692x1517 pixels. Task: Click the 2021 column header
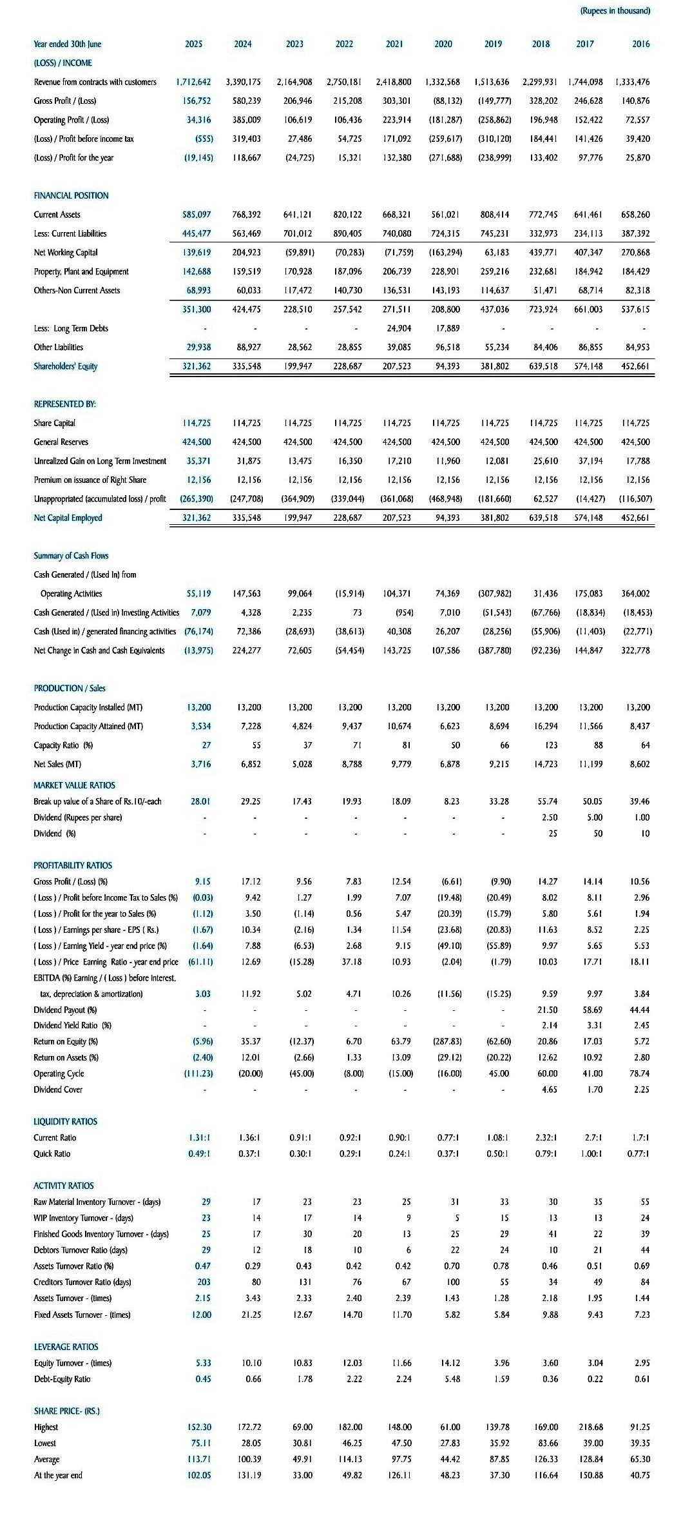point(394,44)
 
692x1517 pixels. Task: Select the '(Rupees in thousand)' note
point(615,11)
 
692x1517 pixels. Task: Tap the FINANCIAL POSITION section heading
point(71,195)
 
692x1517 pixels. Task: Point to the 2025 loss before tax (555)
point(204,139)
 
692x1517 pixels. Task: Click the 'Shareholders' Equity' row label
point(65,366)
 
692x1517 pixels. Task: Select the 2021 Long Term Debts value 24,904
point(398,328)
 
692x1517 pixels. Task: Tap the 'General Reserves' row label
point(61,442)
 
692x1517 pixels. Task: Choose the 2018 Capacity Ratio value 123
point(550,745)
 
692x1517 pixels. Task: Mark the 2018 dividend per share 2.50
point(550,817)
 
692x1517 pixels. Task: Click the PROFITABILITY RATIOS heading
point(72,865)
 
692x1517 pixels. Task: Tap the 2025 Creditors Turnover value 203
point(204,1282)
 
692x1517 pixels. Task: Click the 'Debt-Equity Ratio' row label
point(62,1379)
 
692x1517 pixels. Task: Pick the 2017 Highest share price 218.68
point(590,1427)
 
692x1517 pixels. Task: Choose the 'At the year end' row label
point(58,1475)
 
